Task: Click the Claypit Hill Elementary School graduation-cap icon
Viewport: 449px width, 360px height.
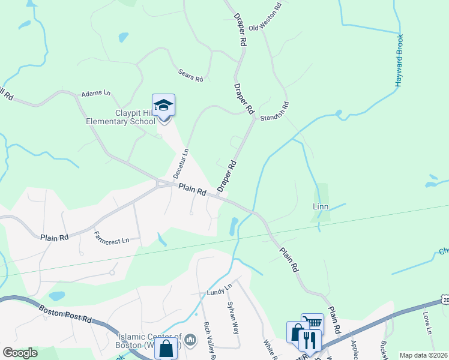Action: click(163, 106)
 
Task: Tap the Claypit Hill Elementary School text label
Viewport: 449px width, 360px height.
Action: click(127, 117)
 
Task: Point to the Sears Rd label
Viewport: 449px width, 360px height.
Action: click(191, 75)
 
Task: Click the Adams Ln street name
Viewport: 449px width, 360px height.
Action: click(96, 94)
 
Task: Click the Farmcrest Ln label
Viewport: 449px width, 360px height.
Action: click(112, 237)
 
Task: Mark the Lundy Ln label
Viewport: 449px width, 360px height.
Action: click(219, 291)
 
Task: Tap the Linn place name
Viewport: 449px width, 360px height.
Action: click(322, 206)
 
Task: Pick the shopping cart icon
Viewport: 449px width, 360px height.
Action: click(312, 323)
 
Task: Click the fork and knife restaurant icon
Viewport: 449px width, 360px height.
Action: click(310, 340)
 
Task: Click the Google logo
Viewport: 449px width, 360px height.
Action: click(20, 353)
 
